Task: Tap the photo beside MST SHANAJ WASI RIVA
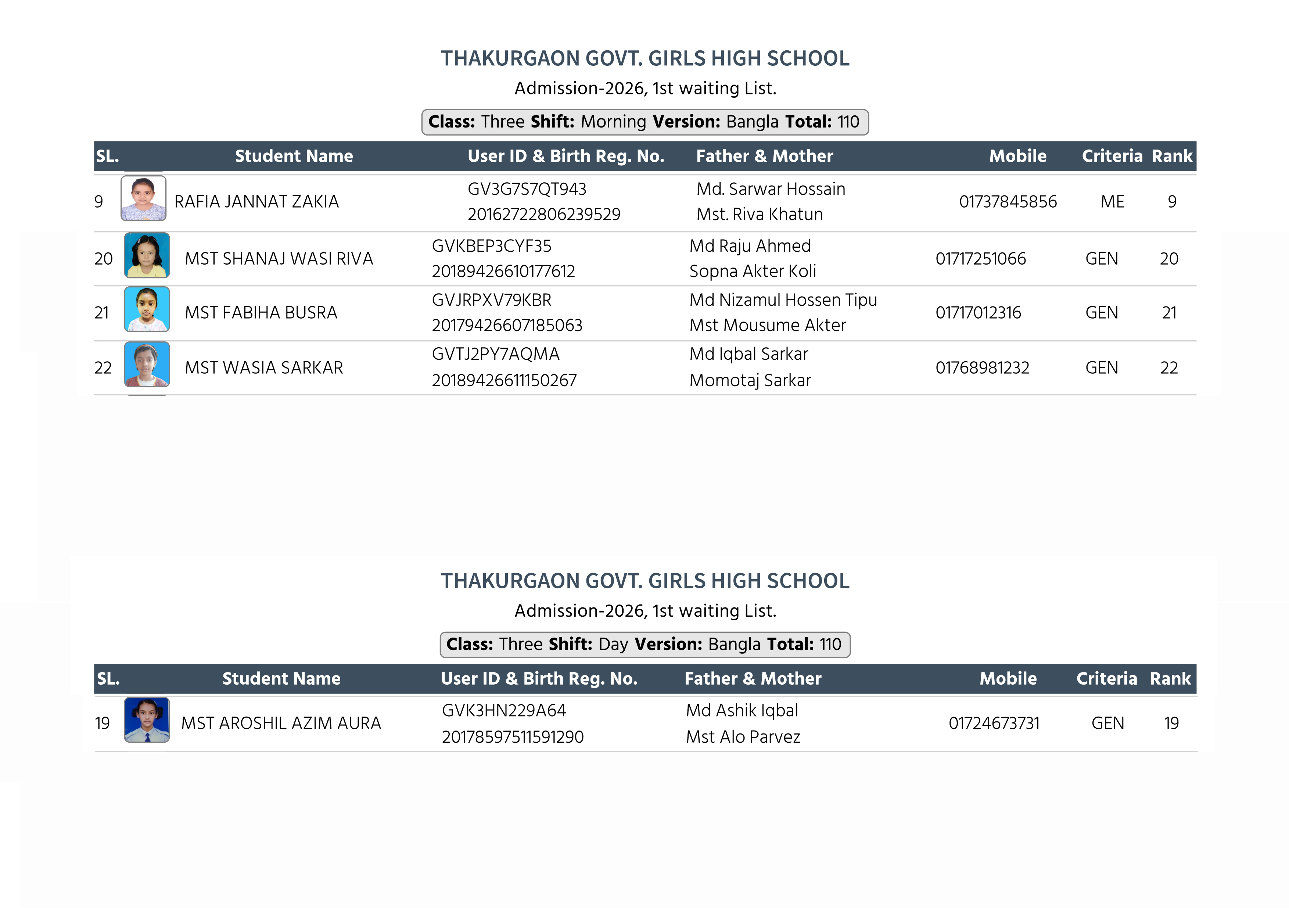click(147, 255)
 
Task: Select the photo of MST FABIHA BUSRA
click(147, 309)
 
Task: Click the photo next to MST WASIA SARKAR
click(147, 364)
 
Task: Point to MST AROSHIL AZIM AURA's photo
click(147, 720)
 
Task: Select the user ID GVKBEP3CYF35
click(491, 246)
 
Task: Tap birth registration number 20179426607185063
click(507, 325)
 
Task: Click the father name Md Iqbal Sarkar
click(748, 354)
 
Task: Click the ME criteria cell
click(1112, 201)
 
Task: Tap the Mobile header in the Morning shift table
click(1017, 156)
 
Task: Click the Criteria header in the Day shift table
click(1106, 679)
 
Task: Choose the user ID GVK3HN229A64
click(504, 711)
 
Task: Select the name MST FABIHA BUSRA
click(261, 313)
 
